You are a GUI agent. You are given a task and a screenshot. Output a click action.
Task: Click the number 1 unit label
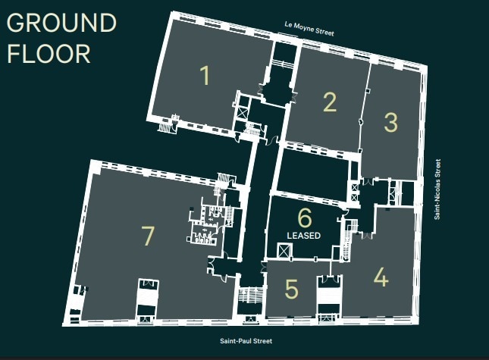pyautogui.click(x=205, y=75)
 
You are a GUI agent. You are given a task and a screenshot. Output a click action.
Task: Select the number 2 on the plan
pyautogui.click(x=330, y=102)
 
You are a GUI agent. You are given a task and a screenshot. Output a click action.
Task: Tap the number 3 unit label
pyautogui.click(x=390, y=122)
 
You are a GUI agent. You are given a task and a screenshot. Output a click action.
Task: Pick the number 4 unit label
pyautogui.click(x=381, y=277)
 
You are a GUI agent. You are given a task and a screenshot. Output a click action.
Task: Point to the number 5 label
pyautogui.click(x=292, y=289)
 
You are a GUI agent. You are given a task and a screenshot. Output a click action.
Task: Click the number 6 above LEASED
pyautogui.click(x=305, y=218)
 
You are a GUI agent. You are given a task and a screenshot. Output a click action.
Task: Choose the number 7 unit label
pyautogui.click(x=148, y=236)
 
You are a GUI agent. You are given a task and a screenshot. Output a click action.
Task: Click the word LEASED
pyautogui.click(x=304, y=235)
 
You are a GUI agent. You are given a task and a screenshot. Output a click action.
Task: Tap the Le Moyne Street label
pyautogui.click(x=309, y=28)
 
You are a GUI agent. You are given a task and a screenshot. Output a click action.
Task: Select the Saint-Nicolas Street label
pyautogui.click(x=437, y=189)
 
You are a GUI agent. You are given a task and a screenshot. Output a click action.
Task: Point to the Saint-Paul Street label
pyautogui.click(x=246, y=341)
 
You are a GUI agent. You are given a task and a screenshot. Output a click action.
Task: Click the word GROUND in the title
pyautogui.click(x=61, y=23)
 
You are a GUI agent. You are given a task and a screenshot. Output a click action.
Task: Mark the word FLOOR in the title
pyautogui.click(x=49, y=54)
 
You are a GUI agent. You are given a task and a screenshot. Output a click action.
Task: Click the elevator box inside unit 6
pyautogui.click(x=284, y=251)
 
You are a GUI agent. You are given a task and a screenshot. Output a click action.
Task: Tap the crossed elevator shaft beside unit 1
pyautogui.click(x=242, y=112)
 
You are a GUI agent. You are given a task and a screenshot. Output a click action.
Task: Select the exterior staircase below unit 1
pyautogui.click(x=165, y=127)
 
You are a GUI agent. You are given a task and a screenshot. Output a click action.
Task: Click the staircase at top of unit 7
pyautogui.click(x=223, y=179)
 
